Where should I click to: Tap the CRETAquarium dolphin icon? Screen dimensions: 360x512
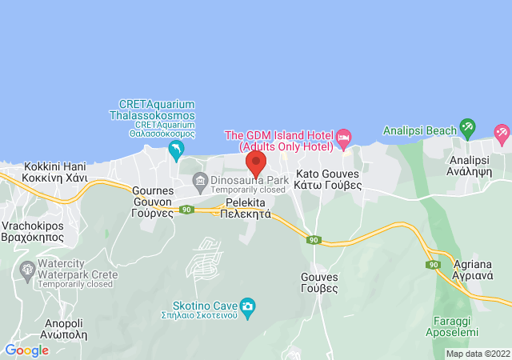pyautogui.click(x=176, y=150)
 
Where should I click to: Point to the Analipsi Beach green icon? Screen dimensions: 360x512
pyautogui.click(x=467, y=128)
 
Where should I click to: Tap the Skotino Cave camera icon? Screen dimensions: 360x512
pyautogui.click(x=248, y=306)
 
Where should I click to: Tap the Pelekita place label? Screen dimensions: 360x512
pyautogui.click(x=246, y=209)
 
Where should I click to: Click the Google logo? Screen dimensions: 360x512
pyautogui.click(x=27, y=350)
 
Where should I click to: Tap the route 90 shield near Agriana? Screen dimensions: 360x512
pyautogui.click(x=434, y=264)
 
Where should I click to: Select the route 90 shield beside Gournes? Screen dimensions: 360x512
pyautogui.click(x=186, y=210)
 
